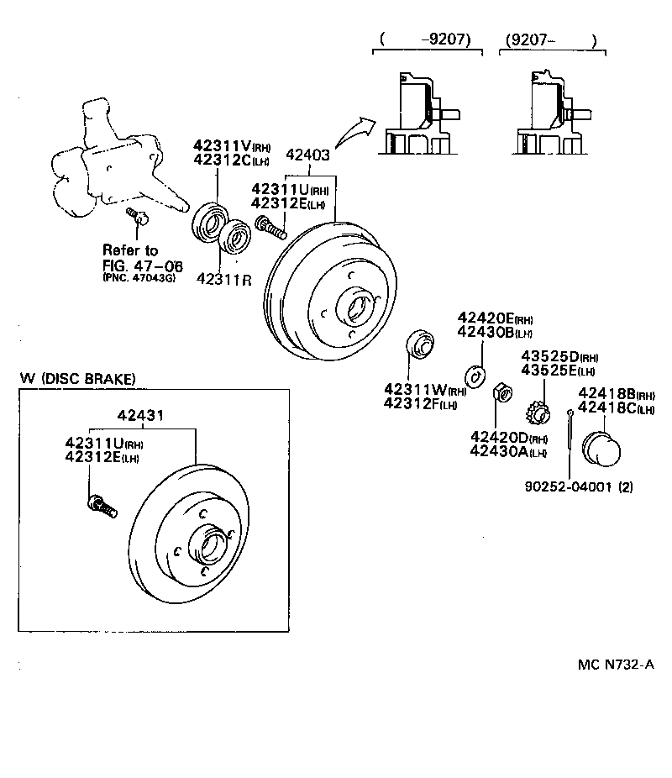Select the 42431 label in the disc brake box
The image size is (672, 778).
[x=139, y=414]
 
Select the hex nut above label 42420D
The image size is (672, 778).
[x=501, y=392]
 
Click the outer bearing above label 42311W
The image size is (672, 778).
[x=419, y=344]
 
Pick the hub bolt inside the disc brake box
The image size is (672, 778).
[x=102, y=507]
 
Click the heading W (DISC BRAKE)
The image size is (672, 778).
[x=77, y=379]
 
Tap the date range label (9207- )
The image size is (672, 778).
[x=550, y=39]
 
